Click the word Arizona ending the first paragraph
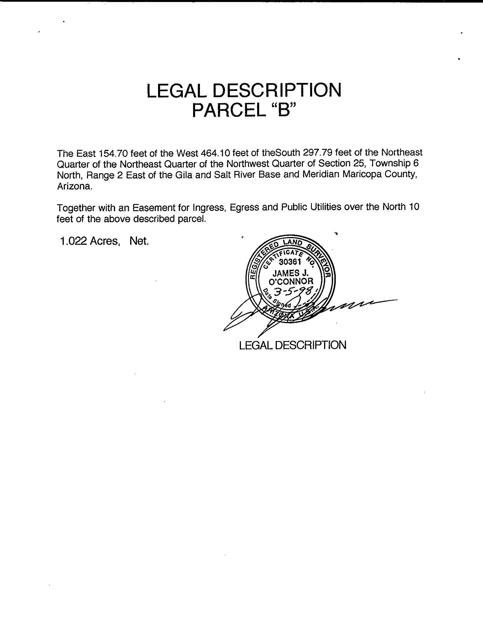tap(75, 186)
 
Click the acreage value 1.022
tap(73, 241)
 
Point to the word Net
tap(139, 241)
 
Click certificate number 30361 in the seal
tap(290, 262)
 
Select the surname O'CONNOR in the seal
tap(291, 282)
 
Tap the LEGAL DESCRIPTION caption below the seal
tap(293, 345)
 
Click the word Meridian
tap(321, 174)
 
